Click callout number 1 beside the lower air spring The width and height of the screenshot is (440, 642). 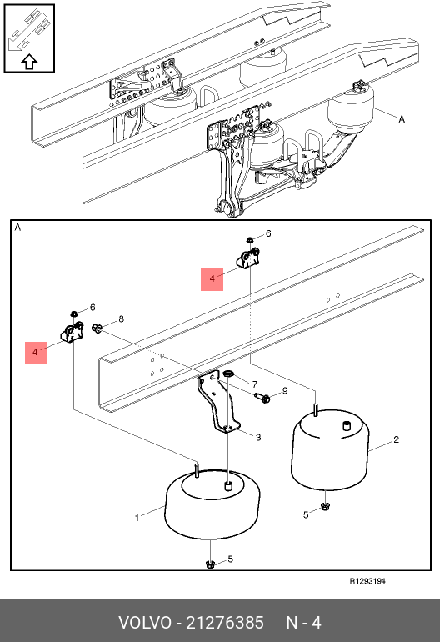coord(137,518)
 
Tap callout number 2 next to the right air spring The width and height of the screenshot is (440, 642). coord(396,439)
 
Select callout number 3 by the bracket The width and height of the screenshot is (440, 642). coord(258,437)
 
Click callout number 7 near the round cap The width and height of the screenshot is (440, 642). coord(255,384)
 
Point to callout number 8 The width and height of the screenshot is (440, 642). coord(121,318)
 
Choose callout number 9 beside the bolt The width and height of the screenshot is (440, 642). coord(285,390)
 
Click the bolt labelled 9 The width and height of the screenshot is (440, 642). coord(262,397)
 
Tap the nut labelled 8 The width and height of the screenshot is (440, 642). coord(97,328)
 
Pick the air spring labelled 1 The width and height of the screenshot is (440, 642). coord(212,504)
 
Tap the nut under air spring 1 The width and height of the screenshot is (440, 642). coord(210,564)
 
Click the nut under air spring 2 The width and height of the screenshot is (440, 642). coord(325,506)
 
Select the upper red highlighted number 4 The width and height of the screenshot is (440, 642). coord(212,279)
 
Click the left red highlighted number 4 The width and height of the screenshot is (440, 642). coord(36,353)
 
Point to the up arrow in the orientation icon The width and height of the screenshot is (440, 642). coord(29,62)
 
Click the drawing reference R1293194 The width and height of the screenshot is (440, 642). coord(367,581)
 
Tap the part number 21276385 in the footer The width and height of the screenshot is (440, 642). coord(225,623)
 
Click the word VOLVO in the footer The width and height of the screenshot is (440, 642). coord(145,623)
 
